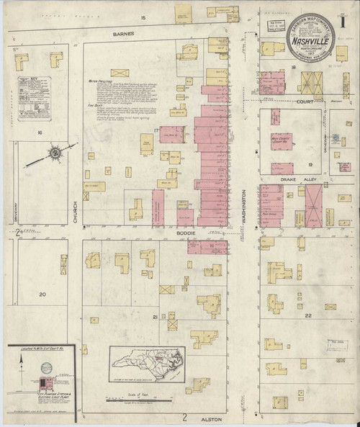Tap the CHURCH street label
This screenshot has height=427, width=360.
click(x=75, y=208)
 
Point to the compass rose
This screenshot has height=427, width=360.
click(x=55, y=153)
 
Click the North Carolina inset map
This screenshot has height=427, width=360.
click(x=147, y=361)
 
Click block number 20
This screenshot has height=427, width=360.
click(x=42, y=295)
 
